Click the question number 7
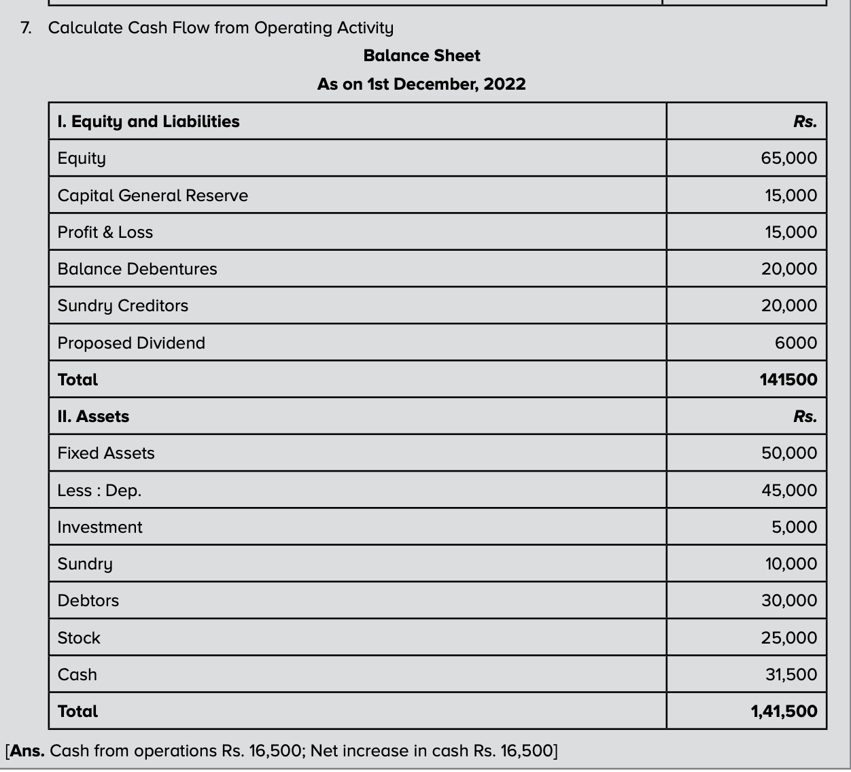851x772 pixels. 25,28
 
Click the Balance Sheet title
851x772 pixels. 421,56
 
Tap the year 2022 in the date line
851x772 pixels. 504,84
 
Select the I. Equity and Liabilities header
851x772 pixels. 148,122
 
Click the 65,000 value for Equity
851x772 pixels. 788,158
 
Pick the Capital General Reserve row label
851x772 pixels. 153,196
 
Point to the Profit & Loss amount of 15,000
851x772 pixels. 791,232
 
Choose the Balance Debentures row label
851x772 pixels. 137,269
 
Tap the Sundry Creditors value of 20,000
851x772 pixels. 788,306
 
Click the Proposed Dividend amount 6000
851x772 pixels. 796,343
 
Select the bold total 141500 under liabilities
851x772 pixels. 788,380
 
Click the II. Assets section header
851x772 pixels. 93,417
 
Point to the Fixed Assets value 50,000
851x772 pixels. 788,453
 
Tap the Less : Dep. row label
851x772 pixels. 99,491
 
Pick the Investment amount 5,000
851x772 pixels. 794,527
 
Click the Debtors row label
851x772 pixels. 88,601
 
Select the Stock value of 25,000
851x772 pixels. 788,638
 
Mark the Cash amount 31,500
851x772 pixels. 791,675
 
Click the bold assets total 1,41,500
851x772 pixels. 784,712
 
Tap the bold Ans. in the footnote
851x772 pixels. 27,751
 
